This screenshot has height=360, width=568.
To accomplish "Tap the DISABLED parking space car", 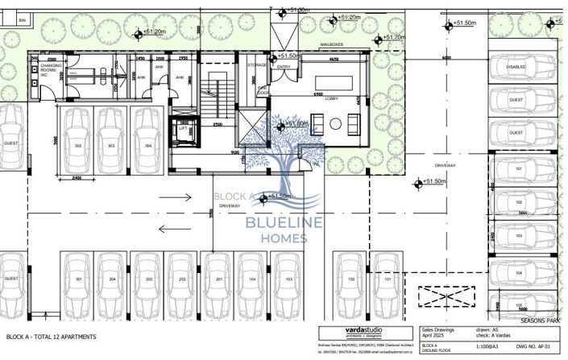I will (516, 68).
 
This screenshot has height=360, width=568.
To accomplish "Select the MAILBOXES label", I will (333, 45).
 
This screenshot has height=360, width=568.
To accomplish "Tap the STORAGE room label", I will (257, 65).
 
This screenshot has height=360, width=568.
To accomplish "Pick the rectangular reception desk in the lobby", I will (336, 81).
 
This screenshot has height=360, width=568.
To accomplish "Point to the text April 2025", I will (435, 336).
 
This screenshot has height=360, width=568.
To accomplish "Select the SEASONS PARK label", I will (540, 321).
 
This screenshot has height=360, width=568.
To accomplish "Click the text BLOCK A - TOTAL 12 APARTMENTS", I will (52, 336).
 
